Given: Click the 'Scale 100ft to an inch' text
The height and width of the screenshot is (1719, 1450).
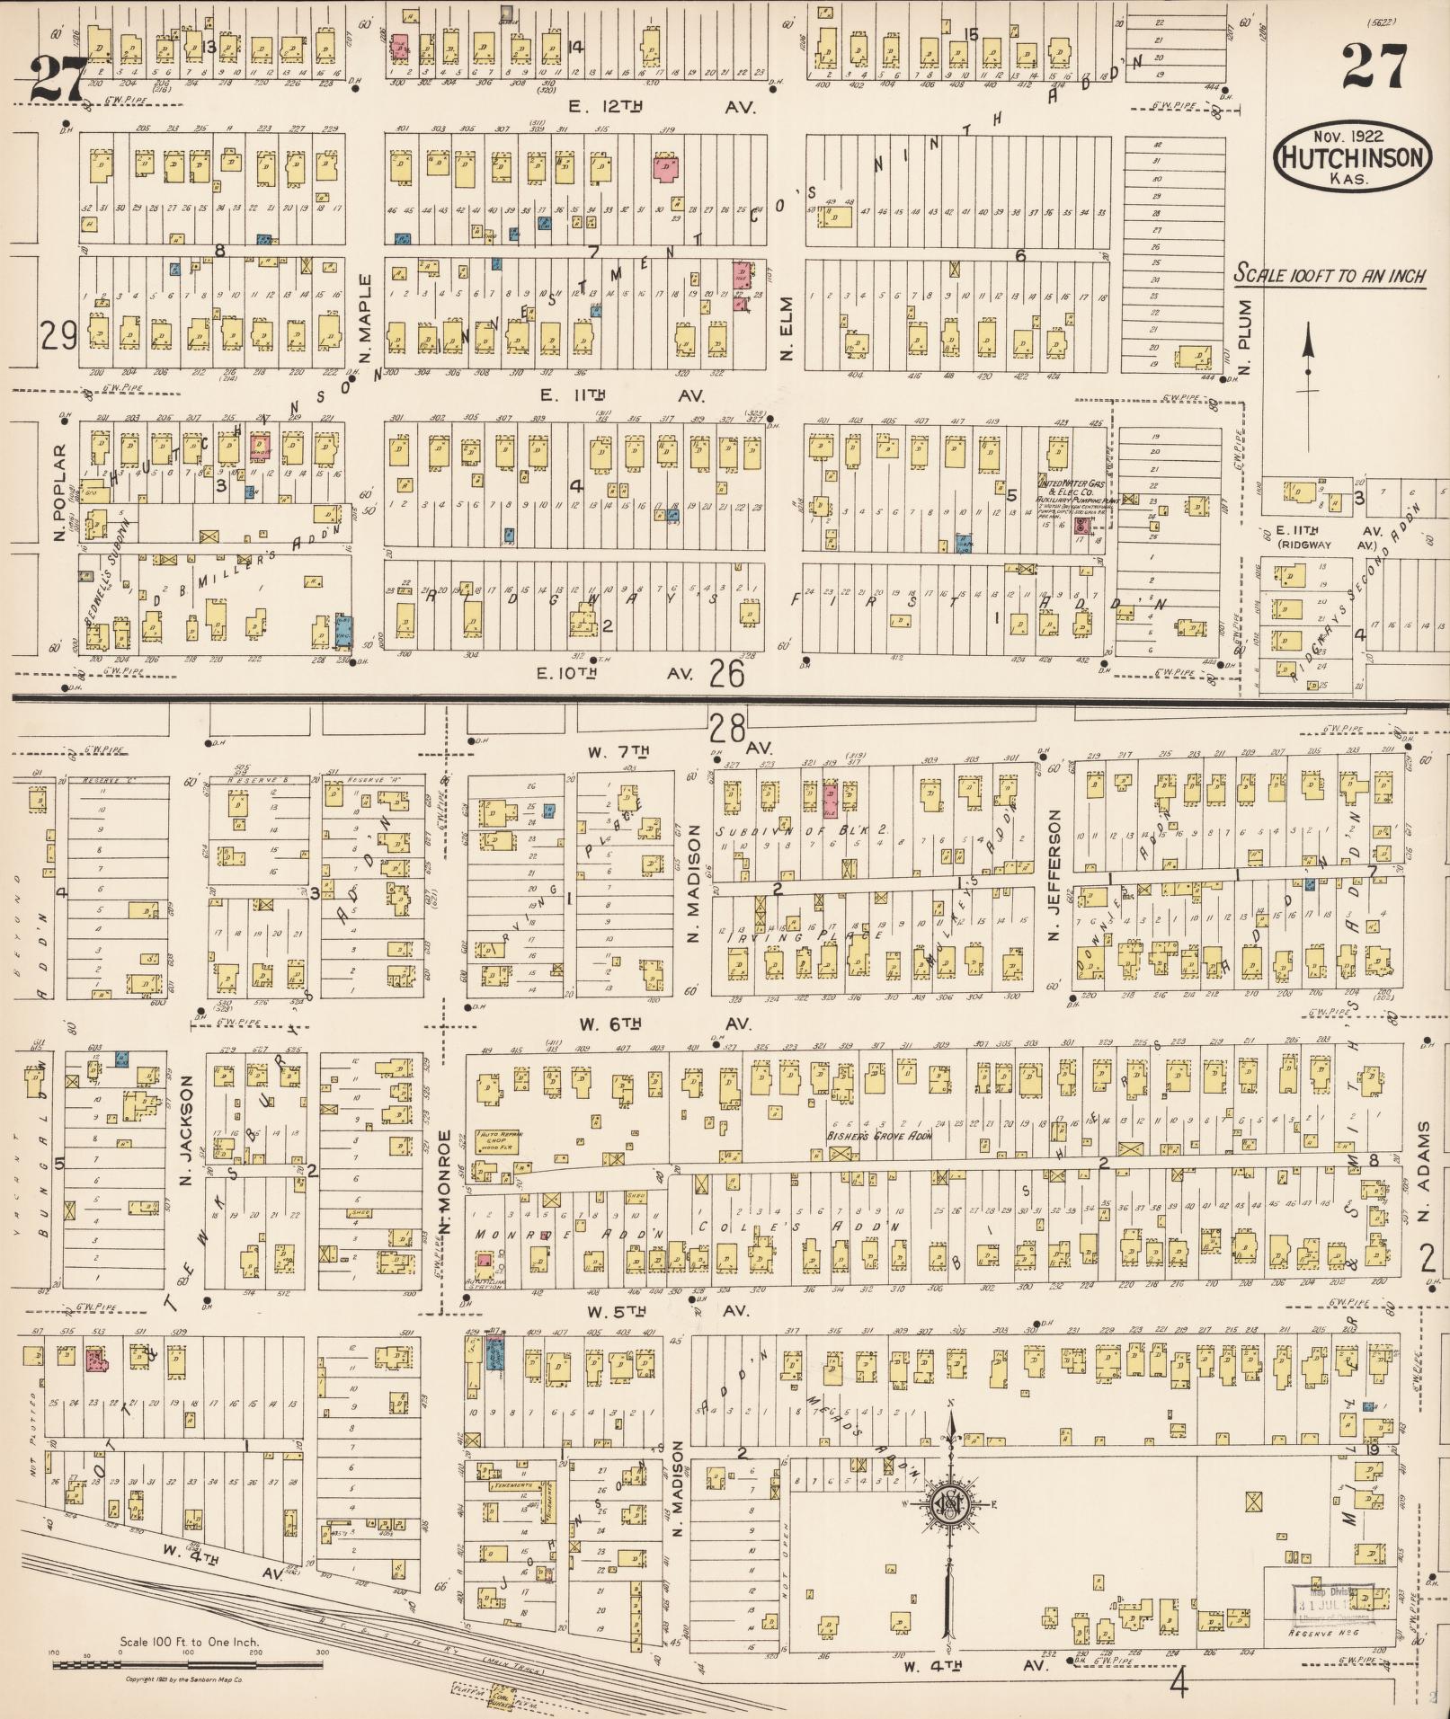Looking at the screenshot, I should coord(1330,275).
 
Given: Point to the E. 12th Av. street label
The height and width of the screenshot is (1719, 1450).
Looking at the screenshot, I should coord(663,107).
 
